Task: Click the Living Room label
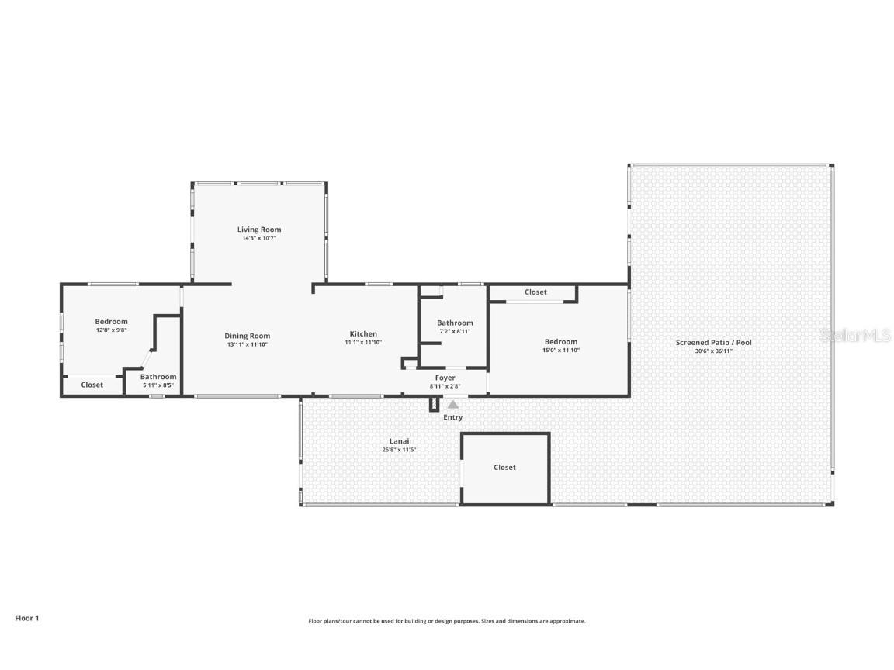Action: click(259, 230)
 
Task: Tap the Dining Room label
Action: click(248, 336)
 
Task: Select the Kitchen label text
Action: click(363, 333)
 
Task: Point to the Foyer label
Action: click(445, 378)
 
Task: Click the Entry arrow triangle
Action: click(453, 404)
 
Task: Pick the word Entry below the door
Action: click(453, 417)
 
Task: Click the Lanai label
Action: click(400, 440)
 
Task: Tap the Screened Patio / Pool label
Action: click(713, 342)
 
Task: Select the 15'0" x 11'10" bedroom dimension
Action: click(560, 351)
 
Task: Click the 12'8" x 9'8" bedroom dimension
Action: click(112, 330)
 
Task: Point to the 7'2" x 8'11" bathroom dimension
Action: click(454, 331)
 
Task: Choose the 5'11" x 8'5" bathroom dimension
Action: click(158, 385)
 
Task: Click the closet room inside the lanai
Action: click(505, 468)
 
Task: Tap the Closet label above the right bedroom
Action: click(535, 292)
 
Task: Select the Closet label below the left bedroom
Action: click(92, 385)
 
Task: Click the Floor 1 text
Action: click(26, 618)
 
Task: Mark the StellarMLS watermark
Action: click(856, 335)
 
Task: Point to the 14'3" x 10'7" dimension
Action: click(259, 238)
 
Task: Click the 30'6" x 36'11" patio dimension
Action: click(713, 351)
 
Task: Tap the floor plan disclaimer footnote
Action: click(447, 621)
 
